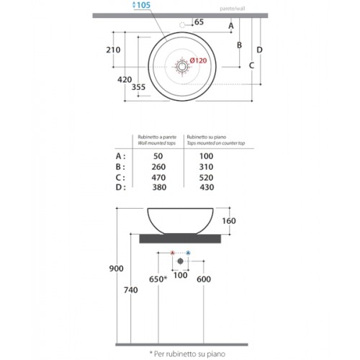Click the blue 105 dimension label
pos(142,5)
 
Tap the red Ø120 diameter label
pos(198,60)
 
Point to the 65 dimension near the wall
pos(199,22)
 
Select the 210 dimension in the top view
pos(113,50)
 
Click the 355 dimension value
pos(138,87)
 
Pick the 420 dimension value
pos(125,79)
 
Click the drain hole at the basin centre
pos(182,66)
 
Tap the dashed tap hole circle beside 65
pos(182,25)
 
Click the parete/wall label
pos(233,9)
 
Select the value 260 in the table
pos(158,167)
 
